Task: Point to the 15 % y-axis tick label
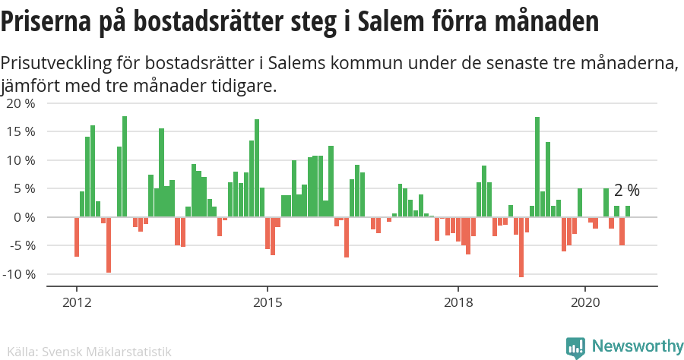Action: (x=20, y=131)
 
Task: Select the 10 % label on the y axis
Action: (x=20, y=160)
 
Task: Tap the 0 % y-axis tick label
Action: (x=24, y=217)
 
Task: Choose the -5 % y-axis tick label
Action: (x=21, y=245)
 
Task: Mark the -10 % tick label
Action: (x=18, y=274)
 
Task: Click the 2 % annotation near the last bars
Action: (x=627, y=190)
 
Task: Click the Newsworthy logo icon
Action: (x=576, y=347)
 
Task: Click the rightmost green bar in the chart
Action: (x=628, y=211)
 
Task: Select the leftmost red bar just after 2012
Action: (x=77, y=237)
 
